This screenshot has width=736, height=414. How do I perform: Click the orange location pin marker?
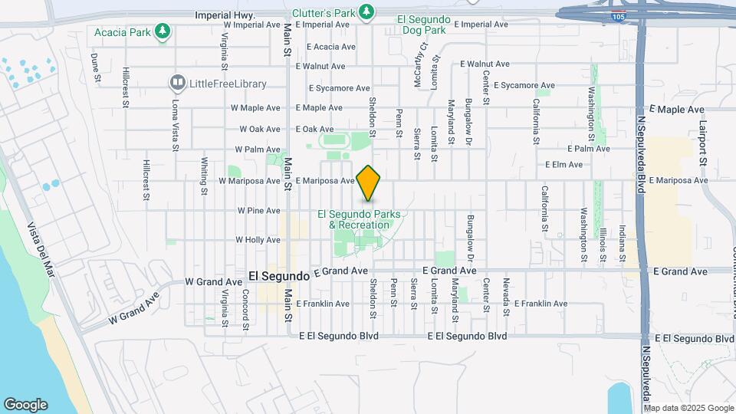[x=369, y=182]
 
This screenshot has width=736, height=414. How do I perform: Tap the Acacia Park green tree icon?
[x=162, y=31]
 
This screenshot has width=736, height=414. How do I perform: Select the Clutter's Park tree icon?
[x=367, y=11]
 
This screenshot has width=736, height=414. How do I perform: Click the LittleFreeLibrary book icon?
[x=178, y=82]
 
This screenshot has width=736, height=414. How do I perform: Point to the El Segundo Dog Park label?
[x=432, y=24]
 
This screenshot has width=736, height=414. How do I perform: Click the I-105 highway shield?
[x=617, y=15]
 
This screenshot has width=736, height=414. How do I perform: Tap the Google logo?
[x=25, y=405]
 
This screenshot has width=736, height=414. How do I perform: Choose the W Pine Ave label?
[x=258, y=210]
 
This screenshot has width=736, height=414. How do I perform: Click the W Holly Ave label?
[x=258, y=240]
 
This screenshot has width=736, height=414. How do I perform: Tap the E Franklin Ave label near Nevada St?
[x=540, y=304]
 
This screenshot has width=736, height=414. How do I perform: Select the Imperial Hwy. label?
[x=224, y=15]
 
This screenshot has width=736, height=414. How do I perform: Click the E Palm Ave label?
[x=588, y=149]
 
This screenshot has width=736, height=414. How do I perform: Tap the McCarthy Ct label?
[x=421, y=54]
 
